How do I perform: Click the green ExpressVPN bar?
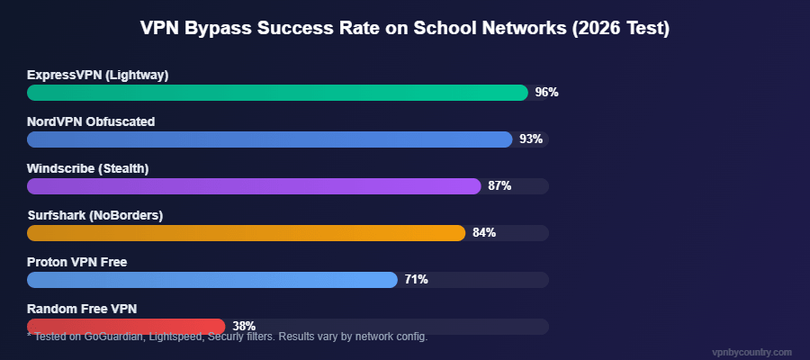(x=277, y=93)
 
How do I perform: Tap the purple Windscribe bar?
(x=254, y=186)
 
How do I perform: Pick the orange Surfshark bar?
(x=246, y=233)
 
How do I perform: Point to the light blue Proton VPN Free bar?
(x=212, y=280)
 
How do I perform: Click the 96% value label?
(x=546, y=93)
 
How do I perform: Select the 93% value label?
(x=531, y=139)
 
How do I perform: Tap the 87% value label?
(x=499, y=186)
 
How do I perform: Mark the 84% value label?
(x=484, y=233)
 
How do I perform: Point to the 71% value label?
(x=416, y=280)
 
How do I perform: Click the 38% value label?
(x=244, y=326)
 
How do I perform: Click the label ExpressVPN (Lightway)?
(x=97, y=75)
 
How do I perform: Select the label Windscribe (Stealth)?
(x=87, y=168)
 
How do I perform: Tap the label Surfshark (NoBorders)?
(x=94, y=215)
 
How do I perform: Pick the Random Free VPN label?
(x=82, y=309)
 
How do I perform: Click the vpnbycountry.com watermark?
(x=751, y=352)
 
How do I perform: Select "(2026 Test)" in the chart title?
(x=620, y=28)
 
